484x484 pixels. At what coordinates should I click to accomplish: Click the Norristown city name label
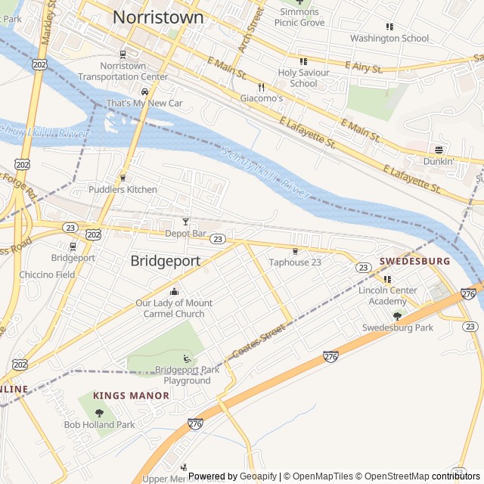coord(158,17)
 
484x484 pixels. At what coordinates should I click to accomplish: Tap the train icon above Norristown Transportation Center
coord(123,54)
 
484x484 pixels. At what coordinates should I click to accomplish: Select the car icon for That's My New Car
coord(144,92)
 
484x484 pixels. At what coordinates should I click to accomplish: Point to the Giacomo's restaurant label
coord(262,98)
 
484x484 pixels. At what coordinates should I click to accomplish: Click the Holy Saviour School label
coord(303,78)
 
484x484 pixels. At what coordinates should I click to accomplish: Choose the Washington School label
coord(389,38)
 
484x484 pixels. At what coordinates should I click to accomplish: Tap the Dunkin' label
coord(439,161)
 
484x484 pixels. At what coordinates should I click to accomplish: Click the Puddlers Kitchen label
coord(123,189)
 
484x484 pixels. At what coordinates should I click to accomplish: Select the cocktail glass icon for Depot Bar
coord(185,222)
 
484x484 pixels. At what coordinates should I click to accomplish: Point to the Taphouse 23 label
coord(295,262)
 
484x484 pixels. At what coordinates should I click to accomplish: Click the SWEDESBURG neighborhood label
coord(414,261)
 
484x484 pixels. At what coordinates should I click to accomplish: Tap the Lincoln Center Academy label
coord(387,296)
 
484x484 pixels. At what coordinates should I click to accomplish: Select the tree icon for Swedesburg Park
coord(397,315)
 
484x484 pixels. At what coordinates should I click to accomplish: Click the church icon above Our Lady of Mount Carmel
coord(175,292)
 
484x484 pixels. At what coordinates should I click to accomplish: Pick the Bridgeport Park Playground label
coord(187,375)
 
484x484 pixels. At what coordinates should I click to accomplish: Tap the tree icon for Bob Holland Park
coord(99,412)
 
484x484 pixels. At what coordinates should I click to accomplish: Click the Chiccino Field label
coord(48,275)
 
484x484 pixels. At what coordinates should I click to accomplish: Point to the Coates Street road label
coord(259,341)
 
